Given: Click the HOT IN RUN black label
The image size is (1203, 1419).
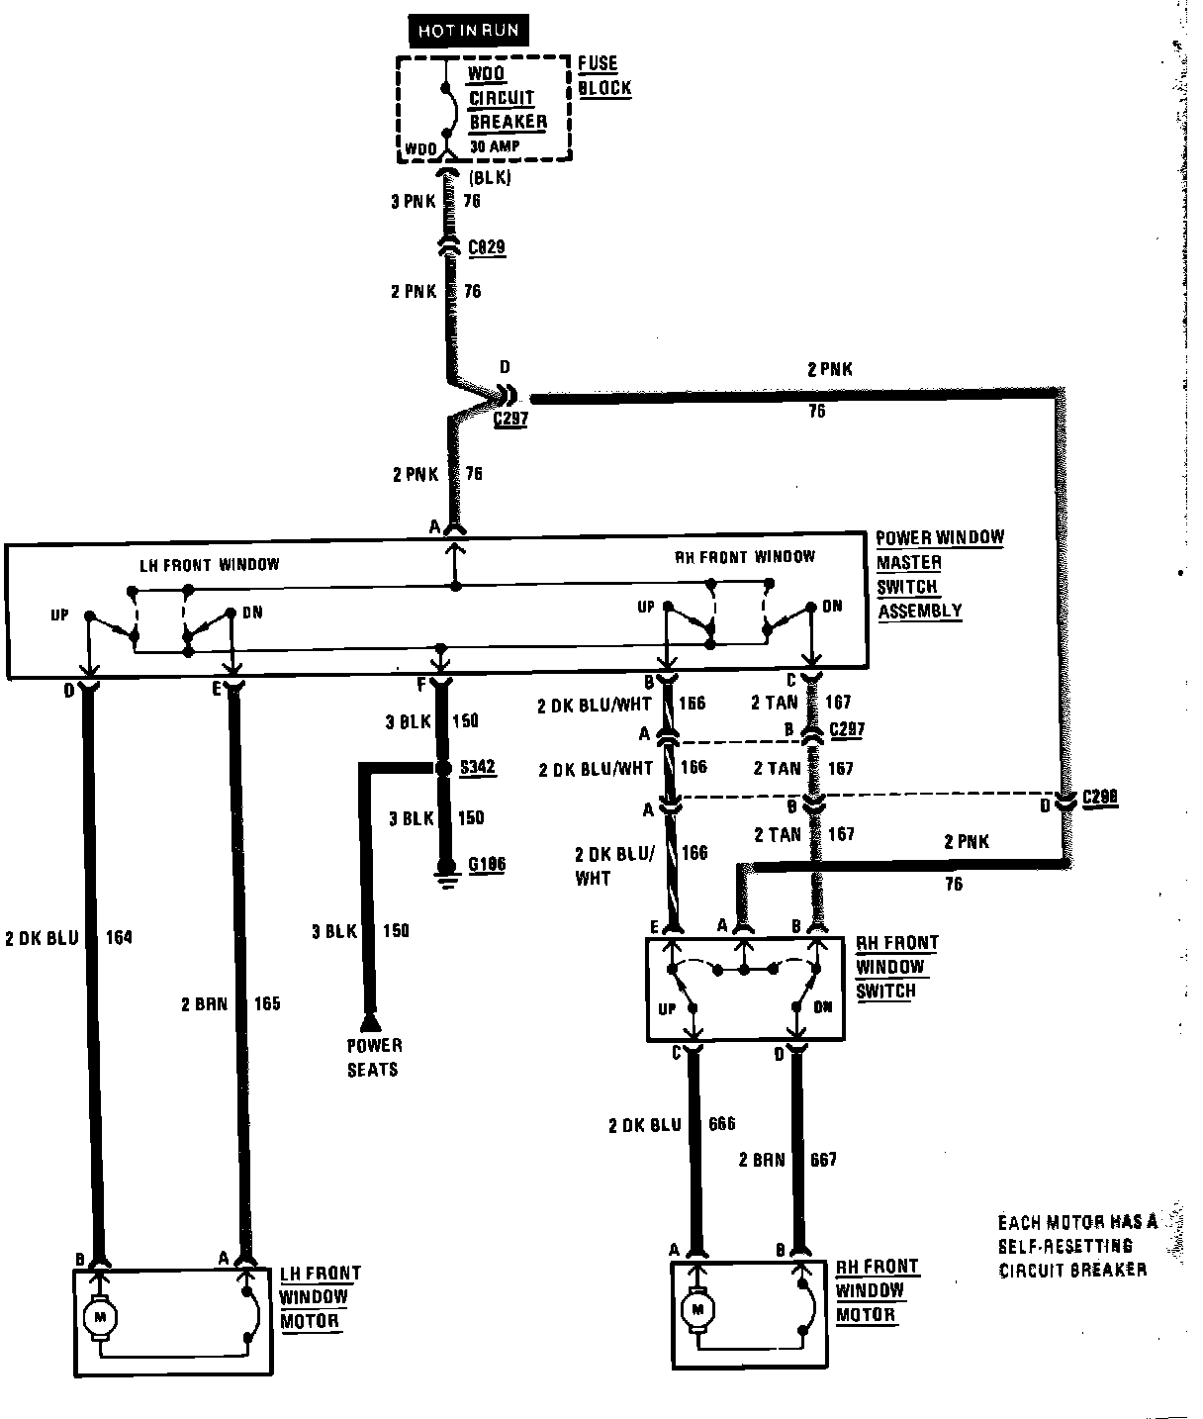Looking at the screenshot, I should (x=467, y=31).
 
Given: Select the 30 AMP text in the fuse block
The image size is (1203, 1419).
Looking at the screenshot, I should (x=495, y=146).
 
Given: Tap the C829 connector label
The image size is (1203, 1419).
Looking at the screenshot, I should (x=487, y=247).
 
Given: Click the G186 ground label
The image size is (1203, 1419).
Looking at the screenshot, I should (x=486, y=865).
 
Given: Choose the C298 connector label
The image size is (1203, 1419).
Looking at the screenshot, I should (x=1100, y=798).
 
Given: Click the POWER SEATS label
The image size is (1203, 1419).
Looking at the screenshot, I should (x=373, y=1057).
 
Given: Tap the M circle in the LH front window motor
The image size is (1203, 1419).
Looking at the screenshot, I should (x=99, y=1317).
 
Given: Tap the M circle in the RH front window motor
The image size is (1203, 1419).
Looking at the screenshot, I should (x=698, y=1310).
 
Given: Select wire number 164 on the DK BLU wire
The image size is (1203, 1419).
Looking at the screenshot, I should (x=118, y=937).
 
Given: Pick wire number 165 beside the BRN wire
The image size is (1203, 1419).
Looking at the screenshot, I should (x=267, y=1004).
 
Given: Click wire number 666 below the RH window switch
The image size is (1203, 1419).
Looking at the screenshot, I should (x=722, y=1125).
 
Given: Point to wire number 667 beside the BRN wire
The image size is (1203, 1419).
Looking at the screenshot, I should (x=823, y=1159).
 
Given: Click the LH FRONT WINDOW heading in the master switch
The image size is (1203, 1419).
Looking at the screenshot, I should (x=208, y=565).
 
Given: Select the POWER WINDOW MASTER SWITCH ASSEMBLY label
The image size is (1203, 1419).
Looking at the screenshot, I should (x=938, y=574).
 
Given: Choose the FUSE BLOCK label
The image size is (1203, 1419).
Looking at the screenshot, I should (x=603, y=75).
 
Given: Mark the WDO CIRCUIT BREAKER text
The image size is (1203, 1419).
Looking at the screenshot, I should (x=507, y=98).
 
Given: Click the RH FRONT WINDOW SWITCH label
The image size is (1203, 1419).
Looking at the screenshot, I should (x=895, y=967).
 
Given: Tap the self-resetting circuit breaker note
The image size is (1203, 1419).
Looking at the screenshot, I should (x=1076, y=1246).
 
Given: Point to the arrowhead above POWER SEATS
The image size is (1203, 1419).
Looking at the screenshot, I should (x=370, y=1020).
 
